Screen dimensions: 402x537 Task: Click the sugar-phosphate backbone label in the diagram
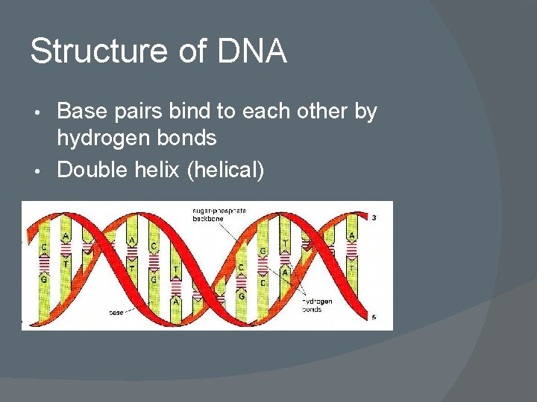tap(219, 215)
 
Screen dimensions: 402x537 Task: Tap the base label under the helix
tap(116, 313)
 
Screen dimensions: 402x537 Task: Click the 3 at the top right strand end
tap(373, 217)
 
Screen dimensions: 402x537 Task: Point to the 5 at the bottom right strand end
tap(373, 318)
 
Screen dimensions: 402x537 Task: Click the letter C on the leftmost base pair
tap(44, 246)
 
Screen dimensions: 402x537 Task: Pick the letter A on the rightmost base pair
tap(352, 235)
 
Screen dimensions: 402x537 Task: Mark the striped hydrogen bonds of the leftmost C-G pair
tap(44, 263)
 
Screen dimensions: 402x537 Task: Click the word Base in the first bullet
tap(80, 112)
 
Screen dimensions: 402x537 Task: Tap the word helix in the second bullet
tap(157, 170)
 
